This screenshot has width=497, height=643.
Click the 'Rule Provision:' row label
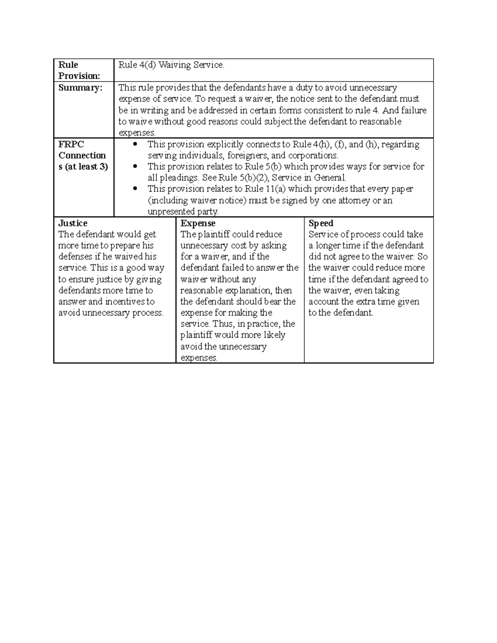click(79, 70)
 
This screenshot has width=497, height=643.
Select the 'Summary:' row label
click(80, 88)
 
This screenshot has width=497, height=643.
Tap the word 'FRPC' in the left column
click(71, 144)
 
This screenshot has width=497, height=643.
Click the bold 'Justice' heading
click(72, 223)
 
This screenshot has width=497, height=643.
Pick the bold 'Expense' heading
click(198, 223)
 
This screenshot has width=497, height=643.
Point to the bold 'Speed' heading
click(321, 223)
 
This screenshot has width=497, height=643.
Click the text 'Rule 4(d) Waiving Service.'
click(171, 65)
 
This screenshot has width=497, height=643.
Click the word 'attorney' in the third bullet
click(355, 200)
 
